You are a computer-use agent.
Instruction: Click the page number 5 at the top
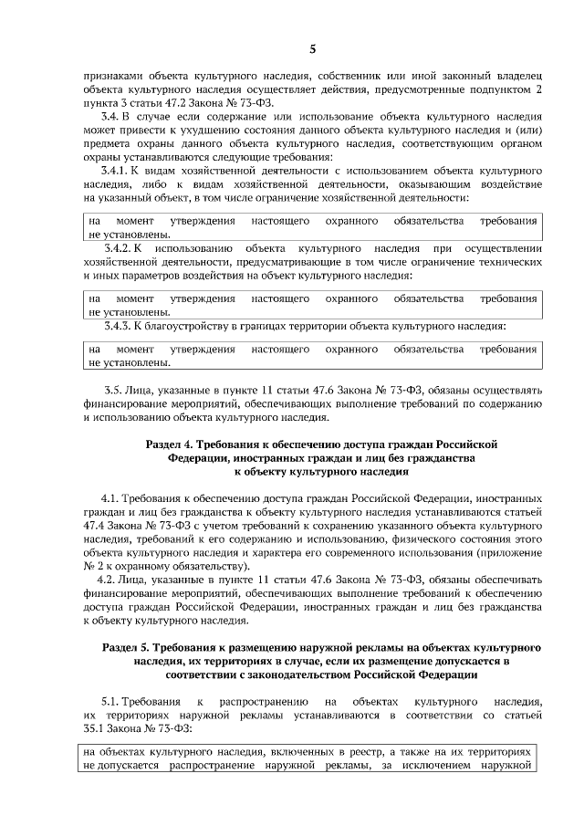pyautogui.click(x=311, y=49)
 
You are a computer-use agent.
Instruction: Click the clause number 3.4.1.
pyautogui.click(x=118, y=172)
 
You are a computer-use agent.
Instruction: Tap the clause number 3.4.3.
pyautogui.click(x=121, y=324)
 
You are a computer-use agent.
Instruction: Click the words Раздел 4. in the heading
pyautogui.click(x=172, y=444)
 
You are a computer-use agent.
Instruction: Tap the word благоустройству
pyautogui.click(x=203, y=324)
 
